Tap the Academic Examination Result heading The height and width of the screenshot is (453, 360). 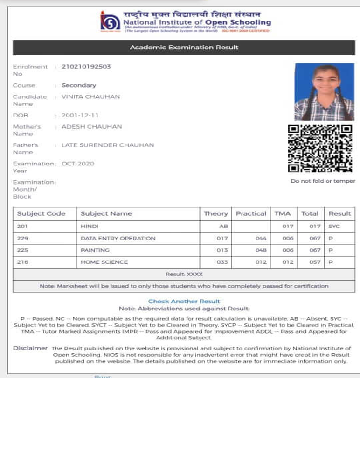point(184,48)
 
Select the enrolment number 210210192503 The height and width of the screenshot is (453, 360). point(86,67)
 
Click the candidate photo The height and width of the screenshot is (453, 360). point(324,92)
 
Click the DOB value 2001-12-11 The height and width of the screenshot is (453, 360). point(80,115)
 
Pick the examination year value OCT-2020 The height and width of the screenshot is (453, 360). point(78,164)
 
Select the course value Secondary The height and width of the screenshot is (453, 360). point(79,85)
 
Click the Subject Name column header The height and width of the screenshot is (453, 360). point(106,213)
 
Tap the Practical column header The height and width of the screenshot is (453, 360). point(251,213)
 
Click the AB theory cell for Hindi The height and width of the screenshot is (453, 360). point(223,226)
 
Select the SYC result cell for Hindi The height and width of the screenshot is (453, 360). point(334,226)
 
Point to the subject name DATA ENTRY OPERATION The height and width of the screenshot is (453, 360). point(118,239)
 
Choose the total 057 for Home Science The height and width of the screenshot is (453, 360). point(315,262)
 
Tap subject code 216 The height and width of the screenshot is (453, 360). point(22,262)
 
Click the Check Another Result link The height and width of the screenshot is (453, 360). point(184,302)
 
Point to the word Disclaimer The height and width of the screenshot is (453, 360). point(30,348)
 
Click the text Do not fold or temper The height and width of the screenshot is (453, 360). point(323,181)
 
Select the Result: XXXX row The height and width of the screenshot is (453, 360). point(184,275)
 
